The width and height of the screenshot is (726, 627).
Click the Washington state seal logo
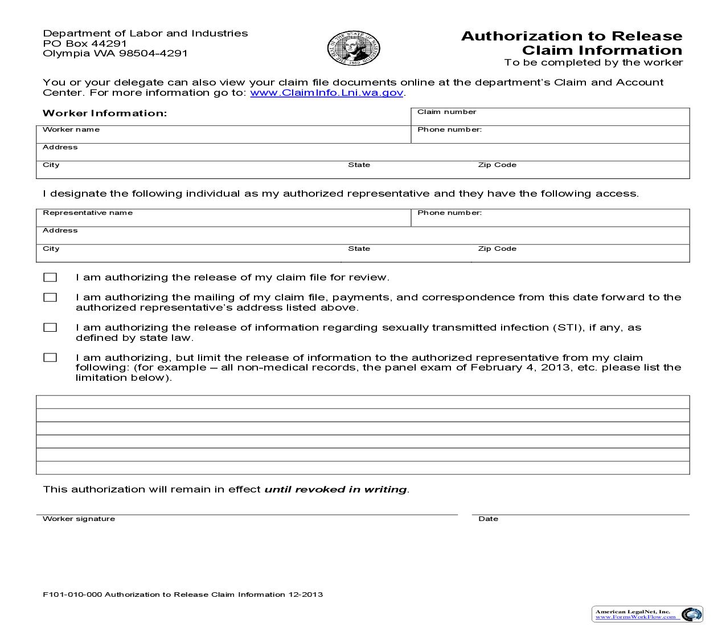[x=354, y=48]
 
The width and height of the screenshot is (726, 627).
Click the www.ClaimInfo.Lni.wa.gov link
[x=327, y=93]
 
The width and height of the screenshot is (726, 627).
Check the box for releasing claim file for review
[x=51, y=278]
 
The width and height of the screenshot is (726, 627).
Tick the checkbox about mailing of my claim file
[x=51, y=298]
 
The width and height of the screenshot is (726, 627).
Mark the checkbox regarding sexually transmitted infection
[x=51, y=328]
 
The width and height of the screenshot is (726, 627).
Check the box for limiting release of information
[x=51, y=358]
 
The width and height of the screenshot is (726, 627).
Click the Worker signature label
[x=79, y=519]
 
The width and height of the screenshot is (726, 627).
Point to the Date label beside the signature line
[x=488, y=519]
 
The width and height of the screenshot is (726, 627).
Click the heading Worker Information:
[x=105, y=113]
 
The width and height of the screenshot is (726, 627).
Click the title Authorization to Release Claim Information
[x=571, y=43]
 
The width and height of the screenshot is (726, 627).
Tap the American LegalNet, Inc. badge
[x=647, y=614]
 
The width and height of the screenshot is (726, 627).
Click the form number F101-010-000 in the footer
[x=72, y=595]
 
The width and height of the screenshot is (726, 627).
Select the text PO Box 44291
[x=85, y=43]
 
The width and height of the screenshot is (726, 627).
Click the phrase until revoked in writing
[x=335, y=490]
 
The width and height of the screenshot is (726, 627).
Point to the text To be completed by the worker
[x=593, y=63]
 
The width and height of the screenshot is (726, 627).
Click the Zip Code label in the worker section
[x=497, y=165]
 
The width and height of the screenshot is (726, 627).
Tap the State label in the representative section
[x=359, y=249]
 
